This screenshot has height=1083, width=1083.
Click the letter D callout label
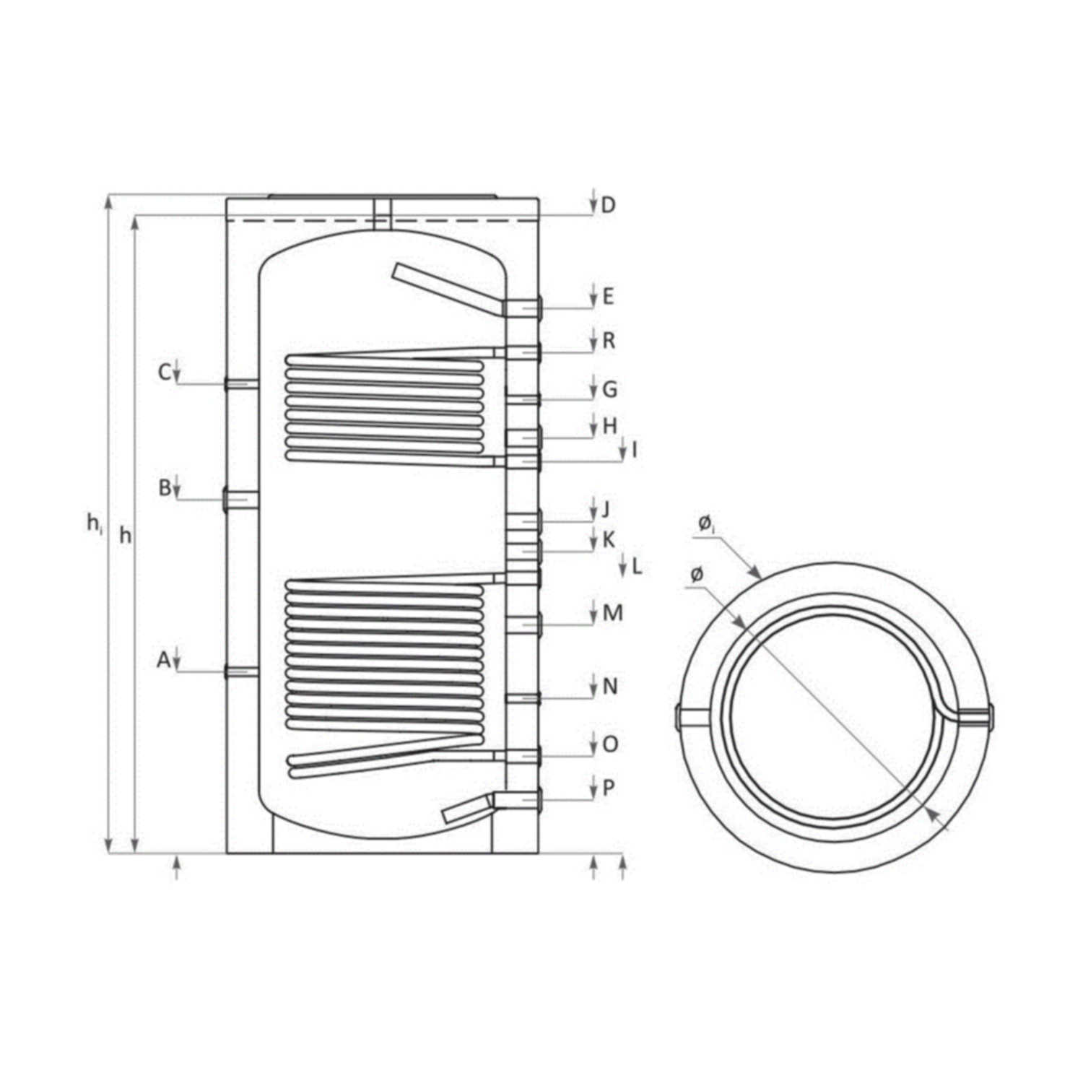point(608,205)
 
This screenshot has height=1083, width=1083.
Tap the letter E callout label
point(608,296)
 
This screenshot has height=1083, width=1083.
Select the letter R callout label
point(609,341)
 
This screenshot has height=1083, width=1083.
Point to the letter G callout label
point(609,390)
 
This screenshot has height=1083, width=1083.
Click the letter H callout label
point(610,426)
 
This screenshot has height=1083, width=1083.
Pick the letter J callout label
point(605,510)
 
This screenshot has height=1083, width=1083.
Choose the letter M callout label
point(612,613)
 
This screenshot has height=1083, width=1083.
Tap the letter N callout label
point(610,686)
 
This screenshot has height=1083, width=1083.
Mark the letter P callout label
point(608,788)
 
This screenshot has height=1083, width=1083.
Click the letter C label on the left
point(165,373)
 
